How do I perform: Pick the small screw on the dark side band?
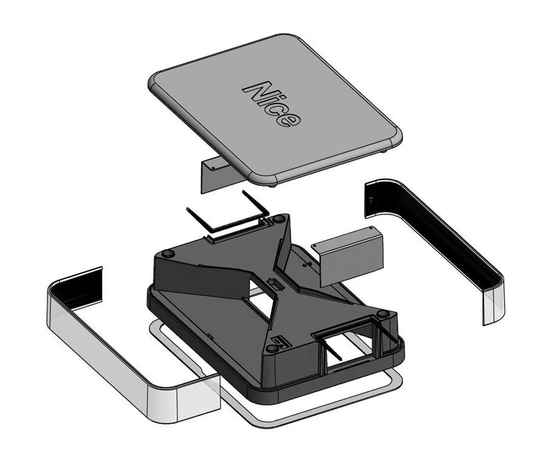coord(371,200)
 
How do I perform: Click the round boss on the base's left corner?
coord(168,254)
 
